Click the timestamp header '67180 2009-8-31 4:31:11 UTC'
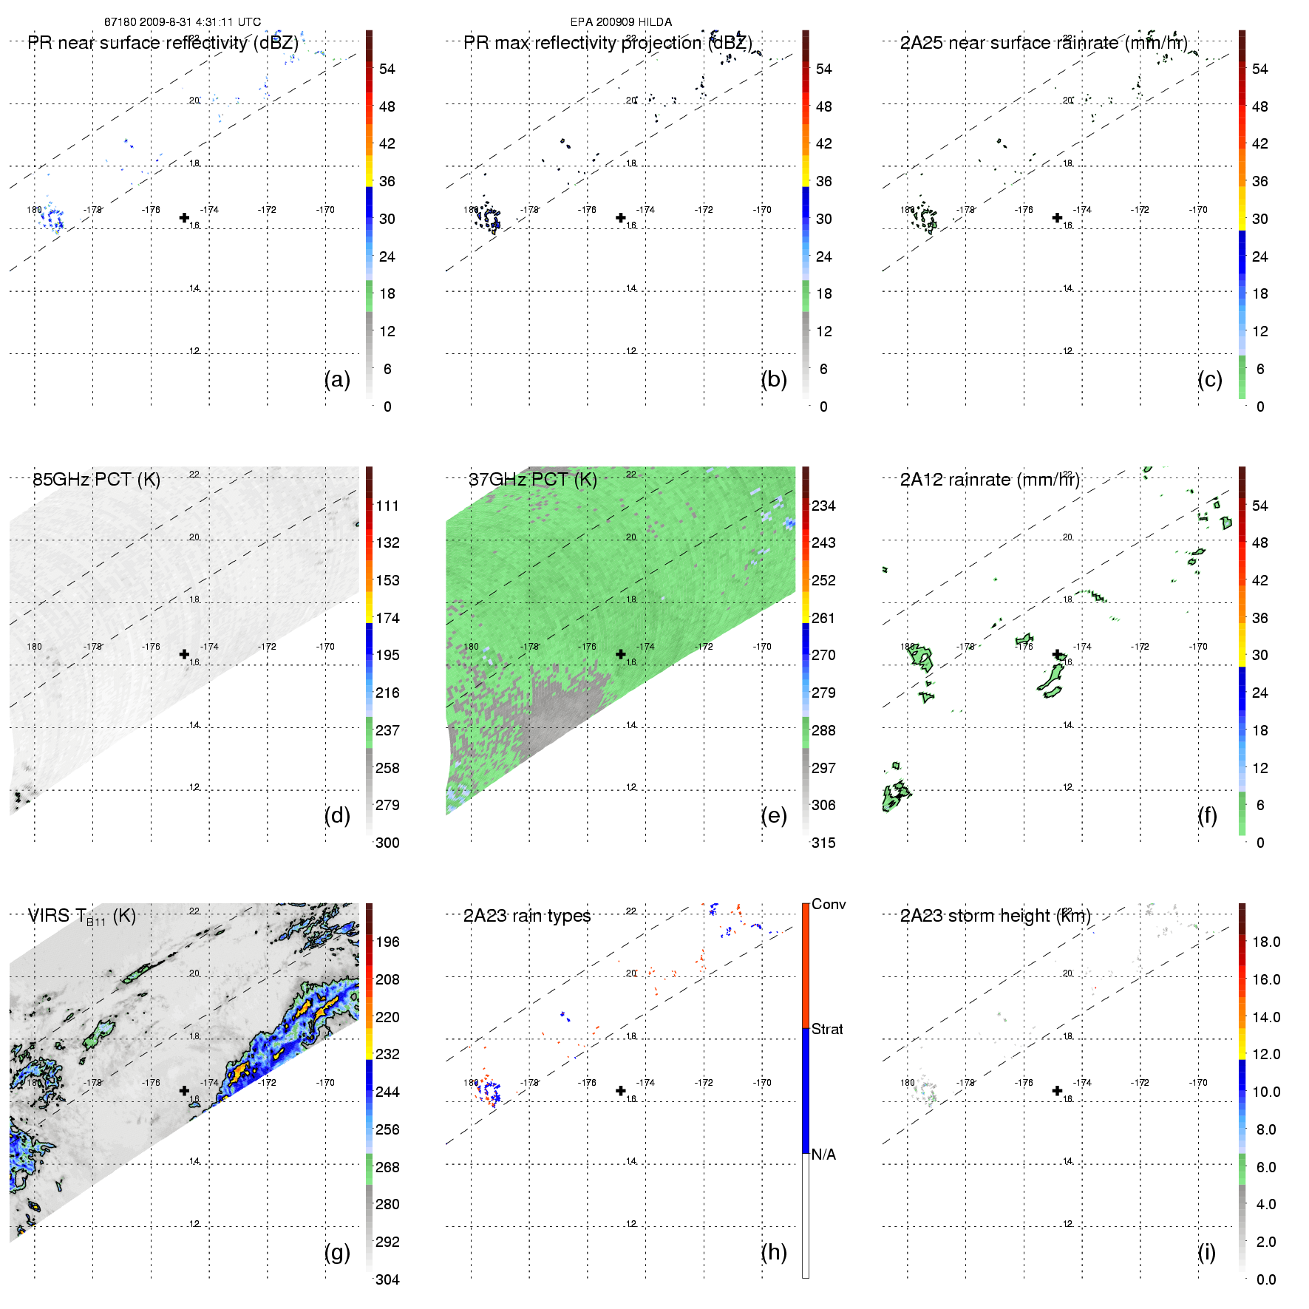[x=182, y=22]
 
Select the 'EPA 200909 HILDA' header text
[x=621, y=22]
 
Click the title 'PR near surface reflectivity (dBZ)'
[x=163, y=43]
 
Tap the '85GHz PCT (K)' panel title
[x=96, y=480]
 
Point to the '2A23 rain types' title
[x=527, y=916]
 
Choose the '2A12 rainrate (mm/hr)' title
[x=990, y=480]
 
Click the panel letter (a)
[x=337, y=379]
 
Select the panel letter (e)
[x=774, y=815]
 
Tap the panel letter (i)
[x=1206, y=1252]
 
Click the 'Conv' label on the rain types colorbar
[x=829, y=904]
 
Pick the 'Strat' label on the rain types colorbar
[x=827, y=1029]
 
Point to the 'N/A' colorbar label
[x=823, y=1155]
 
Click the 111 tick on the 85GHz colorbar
[x=387, y=506]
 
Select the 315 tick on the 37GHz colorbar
[x=823, y=843]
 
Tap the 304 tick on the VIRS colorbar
[x=387, y=1279]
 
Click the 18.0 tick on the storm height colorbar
[x=1266, y=942]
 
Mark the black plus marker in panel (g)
[x=184, y=1091]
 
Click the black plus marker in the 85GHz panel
[x=184, y=654]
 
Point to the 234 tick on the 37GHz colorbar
[x=823, y=506]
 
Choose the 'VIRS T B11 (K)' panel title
[x=81, y=917]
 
